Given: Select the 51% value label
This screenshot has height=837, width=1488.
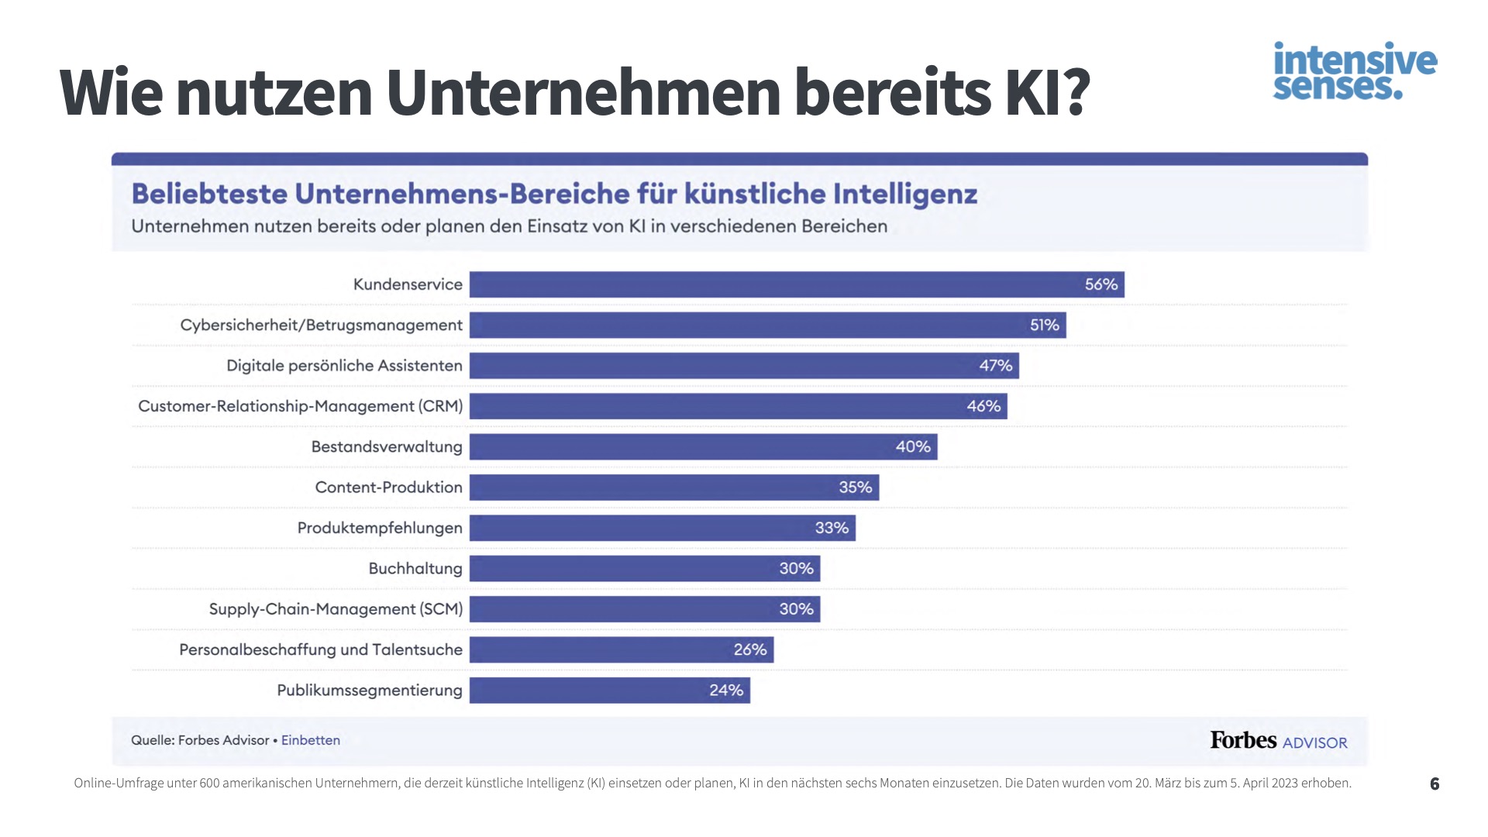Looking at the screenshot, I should pos(1044,325).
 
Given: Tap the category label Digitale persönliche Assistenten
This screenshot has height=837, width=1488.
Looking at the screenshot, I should pos(344,366).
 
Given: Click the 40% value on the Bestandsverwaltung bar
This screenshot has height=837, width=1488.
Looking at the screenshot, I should pos(913,447).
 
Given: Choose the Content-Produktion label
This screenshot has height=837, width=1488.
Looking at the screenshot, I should pos(388,487).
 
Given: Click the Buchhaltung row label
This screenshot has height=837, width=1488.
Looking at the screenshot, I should pos(415,569).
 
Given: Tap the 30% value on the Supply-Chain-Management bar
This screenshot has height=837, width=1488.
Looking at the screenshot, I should pos(796,609).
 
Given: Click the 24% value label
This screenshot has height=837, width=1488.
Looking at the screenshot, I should pos(726,691).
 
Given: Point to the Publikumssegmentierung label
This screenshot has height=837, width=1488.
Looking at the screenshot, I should pos(369,691).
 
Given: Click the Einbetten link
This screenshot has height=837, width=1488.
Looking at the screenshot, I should pos(310,740).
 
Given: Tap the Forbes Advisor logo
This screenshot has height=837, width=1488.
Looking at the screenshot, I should pos(1279,741).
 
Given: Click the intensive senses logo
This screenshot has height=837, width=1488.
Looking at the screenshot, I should pos(1355,71).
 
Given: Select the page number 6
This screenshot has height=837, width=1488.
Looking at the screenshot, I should pos(1435,784).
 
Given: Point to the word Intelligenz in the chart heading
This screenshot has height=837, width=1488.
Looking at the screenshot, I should pos(904,194).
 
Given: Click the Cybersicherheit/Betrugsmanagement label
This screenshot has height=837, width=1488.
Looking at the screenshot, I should pos(321,325).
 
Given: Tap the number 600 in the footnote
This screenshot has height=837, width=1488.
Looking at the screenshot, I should pos(209,784).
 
